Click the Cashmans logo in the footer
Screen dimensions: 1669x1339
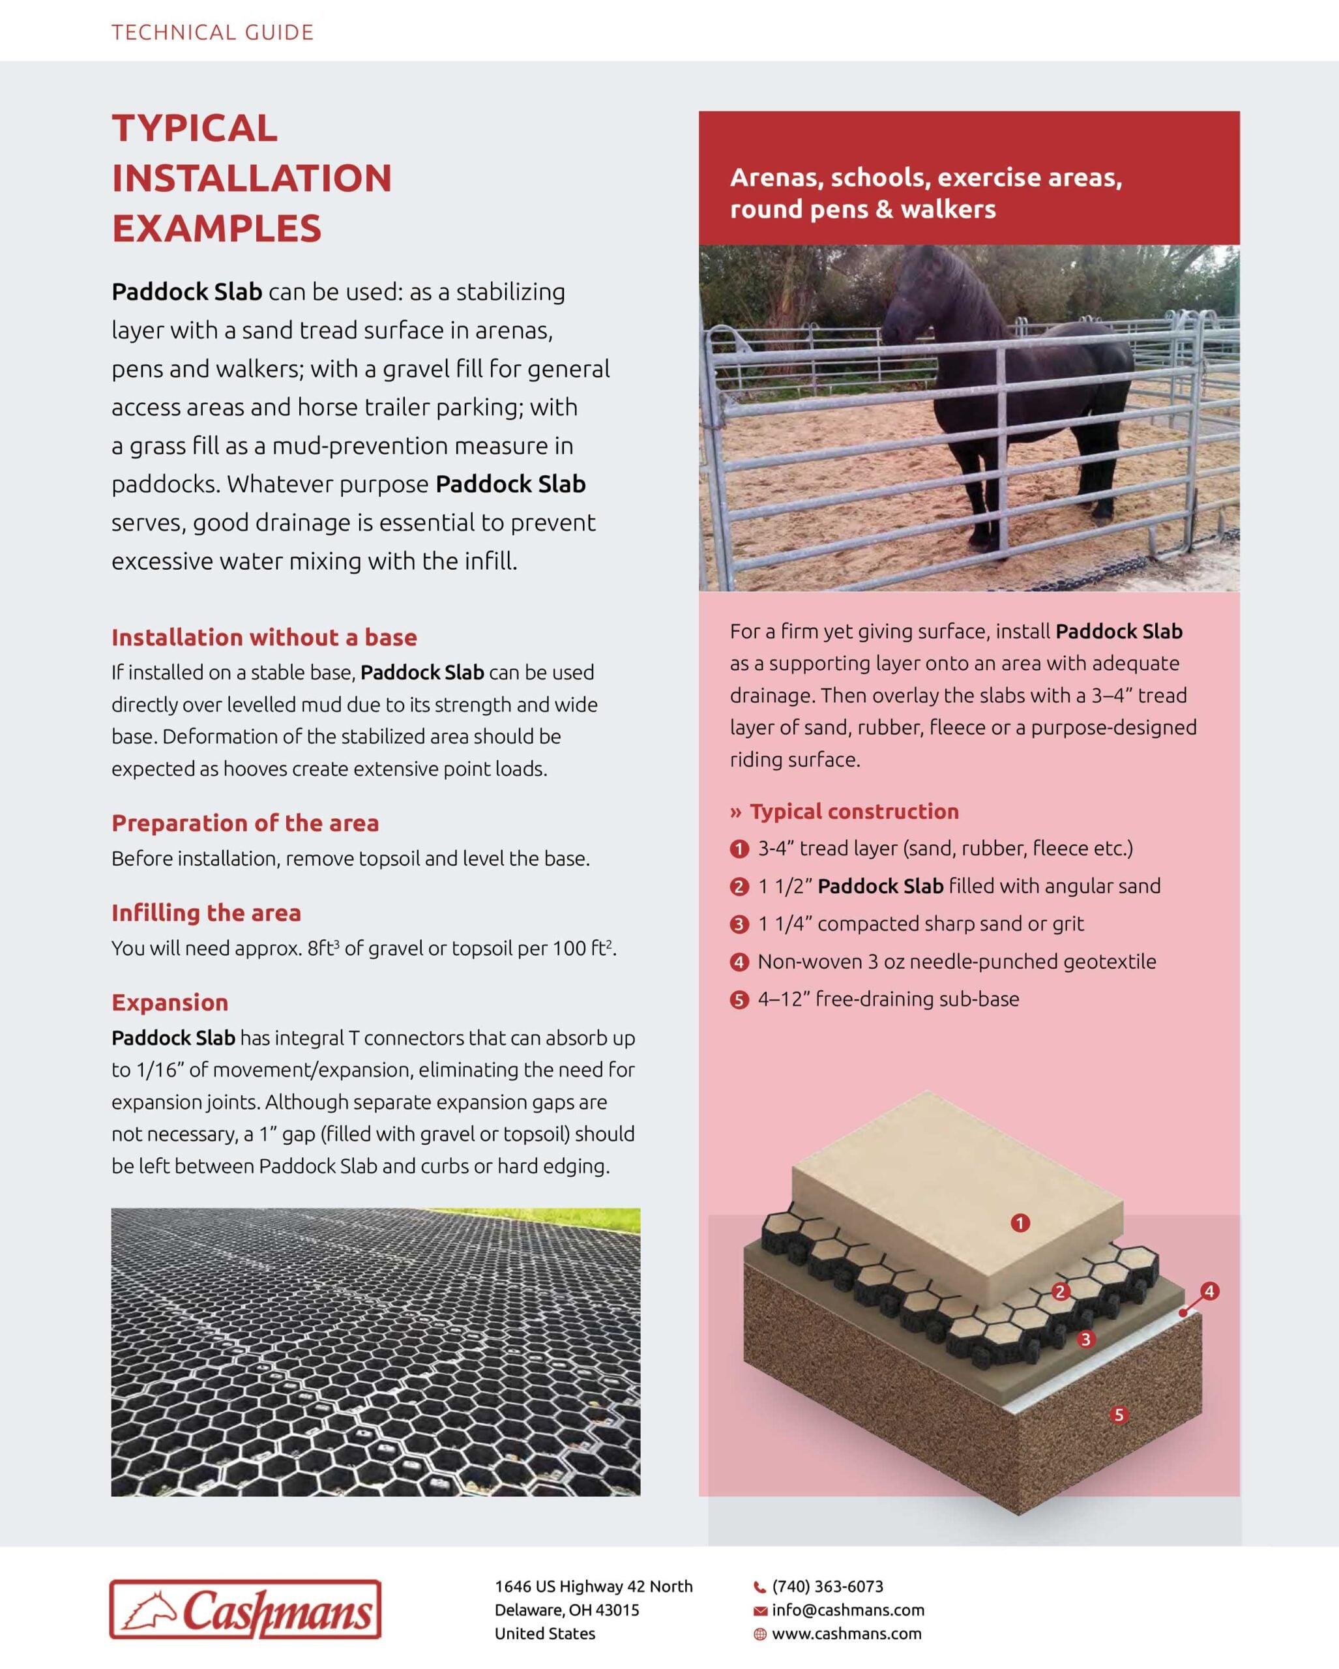245,1610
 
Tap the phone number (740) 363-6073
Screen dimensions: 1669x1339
827,1586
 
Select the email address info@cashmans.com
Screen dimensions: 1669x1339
847,1610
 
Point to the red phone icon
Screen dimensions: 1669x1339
759,1587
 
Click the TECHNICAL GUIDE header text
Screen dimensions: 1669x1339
212,33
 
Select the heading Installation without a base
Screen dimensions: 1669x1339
264,637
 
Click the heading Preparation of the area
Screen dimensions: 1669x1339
244,823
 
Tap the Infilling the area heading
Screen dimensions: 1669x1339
206,913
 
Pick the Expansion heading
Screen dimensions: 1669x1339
169,1003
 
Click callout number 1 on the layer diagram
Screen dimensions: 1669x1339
1020,1223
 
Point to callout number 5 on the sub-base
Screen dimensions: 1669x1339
1119,1416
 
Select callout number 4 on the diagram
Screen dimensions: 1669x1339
1209,1292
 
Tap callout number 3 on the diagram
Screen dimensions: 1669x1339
1086,1339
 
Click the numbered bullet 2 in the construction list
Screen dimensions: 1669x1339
739,887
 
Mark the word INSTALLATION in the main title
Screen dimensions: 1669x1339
252,178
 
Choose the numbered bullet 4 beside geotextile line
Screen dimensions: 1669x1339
739,962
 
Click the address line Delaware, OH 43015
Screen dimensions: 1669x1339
566,1610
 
